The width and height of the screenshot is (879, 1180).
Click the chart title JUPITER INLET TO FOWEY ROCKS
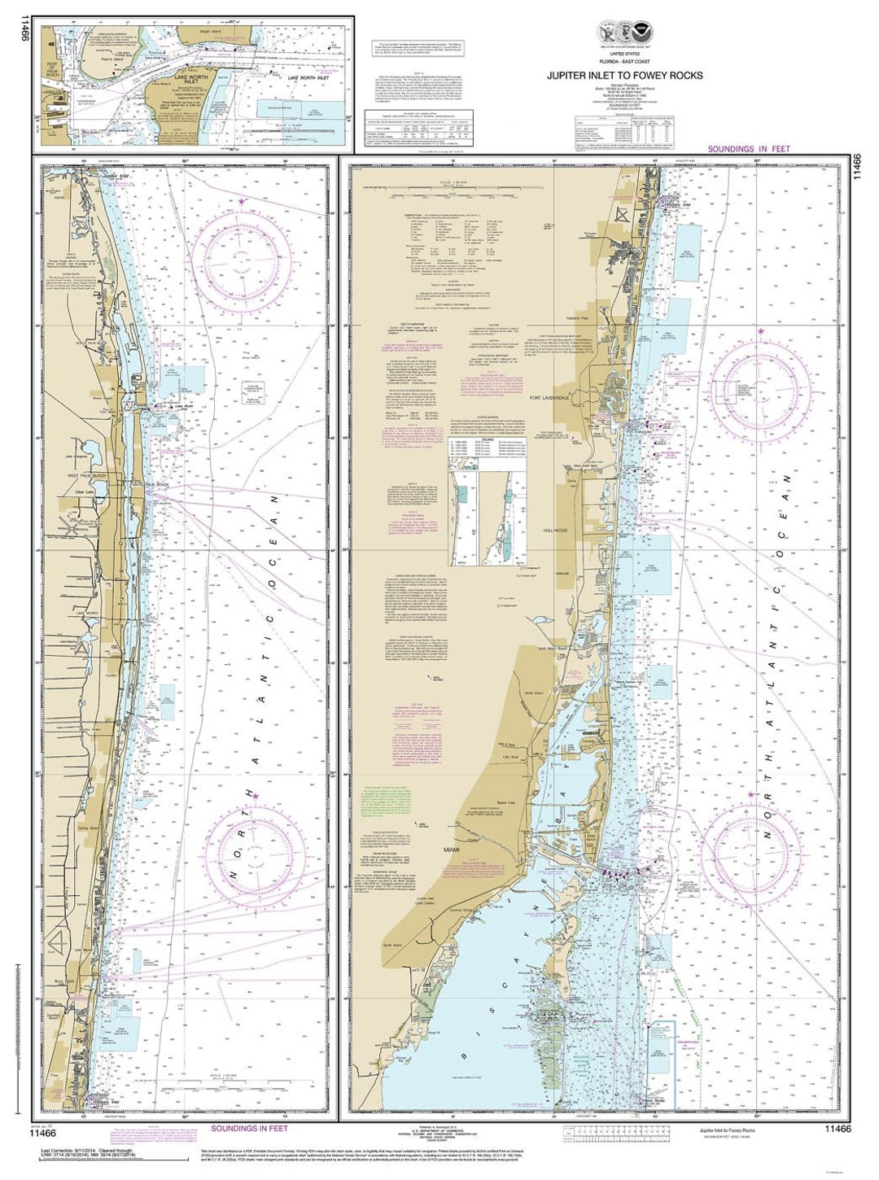625,76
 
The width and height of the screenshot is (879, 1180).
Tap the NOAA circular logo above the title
642,34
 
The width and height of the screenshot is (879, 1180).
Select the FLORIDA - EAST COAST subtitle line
625,62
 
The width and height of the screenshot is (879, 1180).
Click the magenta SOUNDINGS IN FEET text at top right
747,149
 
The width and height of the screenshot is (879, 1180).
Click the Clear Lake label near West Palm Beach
85,492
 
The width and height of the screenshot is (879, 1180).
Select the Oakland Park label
578,318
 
